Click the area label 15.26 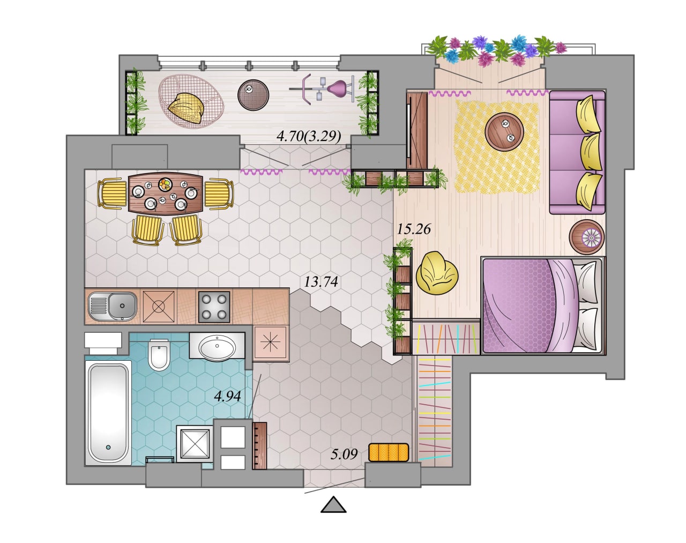coord(414,229)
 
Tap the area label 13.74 coord(321,282)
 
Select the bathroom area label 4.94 coord(228,396)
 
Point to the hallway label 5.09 coord(344,454)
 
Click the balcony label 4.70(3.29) coord(309,137)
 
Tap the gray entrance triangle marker coord(333,505)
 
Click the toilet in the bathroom coord(159,354)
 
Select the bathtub coord(108,413)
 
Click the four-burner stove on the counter coord(214,307)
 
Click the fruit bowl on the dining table coord(166,184)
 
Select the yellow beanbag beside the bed coord(437,273)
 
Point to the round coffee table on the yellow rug coord(504,131)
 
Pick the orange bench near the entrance coord(389,452)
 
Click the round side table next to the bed coord(586,237)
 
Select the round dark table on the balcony coord(253,95)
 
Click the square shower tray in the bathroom coord(195,444)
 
